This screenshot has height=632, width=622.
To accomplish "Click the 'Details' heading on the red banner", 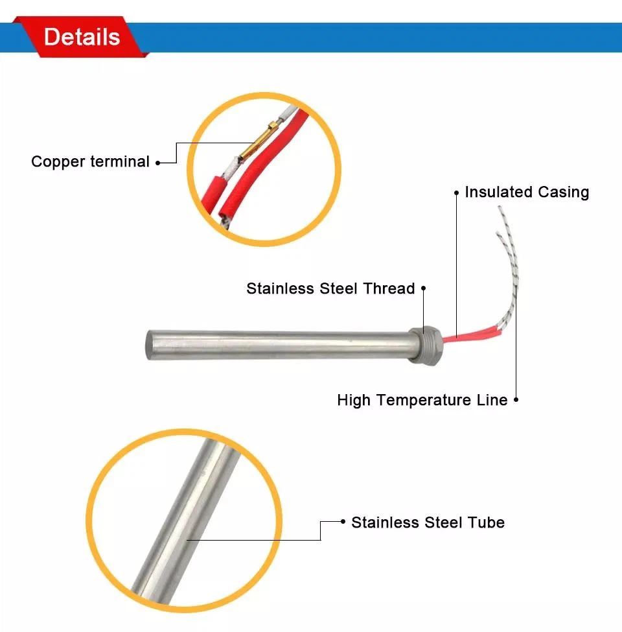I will click(x=82, y=36).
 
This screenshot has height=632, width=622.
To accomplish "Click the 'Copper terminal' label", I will click(x=90, y=161).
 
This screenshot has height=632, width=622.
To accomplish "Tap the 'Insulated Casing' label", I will click(x=527, y=192).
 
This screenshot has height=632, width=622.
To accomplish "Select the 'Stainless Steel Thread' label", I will click(x=330, y=288).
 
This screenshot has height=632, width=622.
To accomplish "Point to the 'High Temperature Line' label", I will click(x=422, y=400).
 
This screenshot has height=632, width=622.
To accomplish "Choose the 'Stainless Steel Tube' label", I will click(x=428, y=522).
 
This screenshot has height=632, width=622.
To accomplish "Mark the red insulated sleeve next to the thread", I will click(x=462, y=336).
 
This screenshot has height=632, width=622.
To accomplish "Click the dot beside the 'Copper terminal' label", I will click(x=157, y=163).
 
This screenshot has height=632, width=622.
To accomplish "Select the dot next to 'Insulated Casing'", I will click(x=457, y=193).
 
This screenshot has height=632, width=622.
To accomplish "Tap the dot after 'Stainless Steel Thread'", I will click(x=423, y=288).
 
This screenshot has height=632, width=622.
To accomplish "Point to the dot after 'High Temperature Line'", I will click(x=516, y=401).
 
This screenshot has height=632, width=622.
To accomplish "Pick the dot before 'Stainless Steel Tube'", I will click(x=343, y=522).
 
